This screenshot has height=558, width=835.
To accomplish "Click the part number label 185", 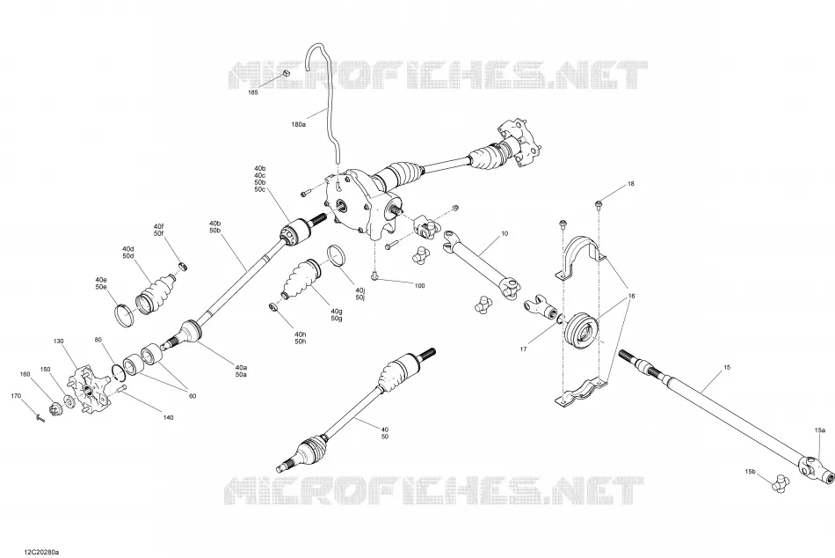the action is (253, 92).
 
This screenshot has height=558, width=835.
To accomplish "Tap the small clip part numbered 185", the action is (285, 73).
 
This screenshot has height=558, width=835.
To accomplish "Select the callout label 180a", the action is (299, 124).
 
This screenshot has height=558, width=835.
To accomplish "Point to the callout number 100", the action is (419, 286).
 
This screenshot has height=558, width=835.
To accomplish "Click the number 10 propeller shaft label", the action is (505, 233).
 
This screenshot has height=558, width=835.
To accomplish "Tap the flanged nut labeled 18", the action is (598, 202).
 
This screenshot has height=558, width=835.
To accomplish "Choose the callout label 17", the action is (524, 349).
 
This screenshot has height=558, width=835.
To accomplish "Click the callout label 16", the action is (632, 296).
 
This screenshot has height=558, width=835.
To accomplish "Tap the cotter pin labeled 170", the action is (40, 418).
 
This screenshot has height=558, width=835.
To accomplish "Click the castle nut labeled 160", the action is (54, 410).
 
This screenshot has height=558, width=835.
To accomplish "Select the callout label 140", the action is (168, 418).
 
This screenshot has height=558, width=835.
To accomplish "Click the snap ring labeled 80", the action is (117, 371).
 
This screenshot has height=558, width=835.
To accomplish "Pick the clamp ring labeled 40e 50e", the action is (124, 315).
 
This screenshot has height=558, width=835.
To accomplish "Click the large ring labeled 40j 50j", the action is (337, 254).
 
